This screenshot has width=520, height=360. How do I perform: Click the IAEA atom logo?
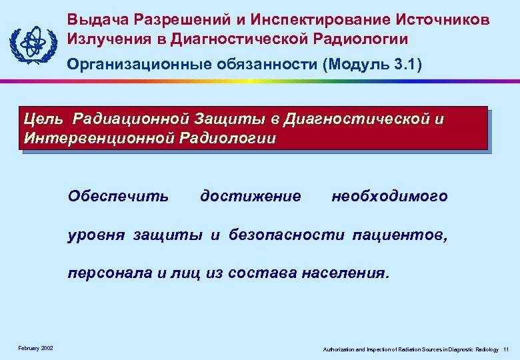pyautogui.click(x=32, y=42)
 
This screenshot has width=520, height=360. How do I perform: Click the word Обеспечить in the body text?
pyautogui.click(x=119, y=197)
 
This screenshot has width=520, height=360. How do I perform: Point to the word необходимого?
pyautogui.click(x=389, y=197)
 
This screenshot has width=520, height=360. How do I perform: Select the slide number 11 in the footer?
pyautogui.click(x=507, y=349)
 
